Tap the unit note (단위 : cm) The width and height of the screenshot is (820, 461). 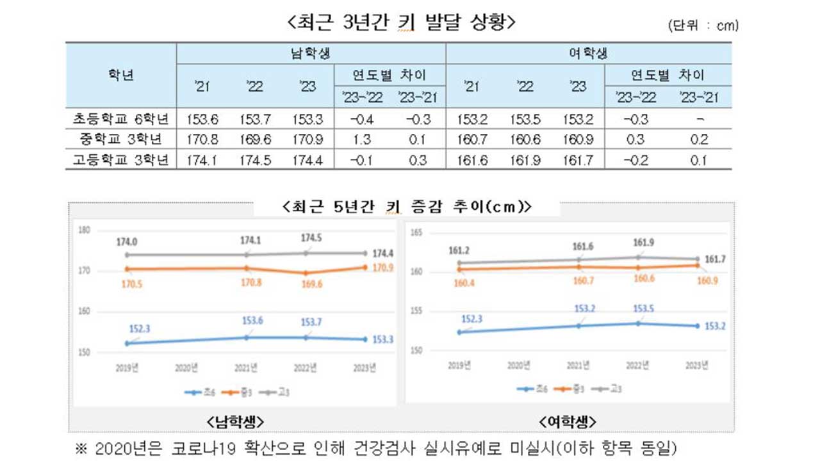(703, 26)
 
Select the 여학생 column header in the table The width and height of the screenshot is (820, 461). (588, 53)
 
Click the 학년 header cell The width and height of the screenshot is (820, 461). (121, 74)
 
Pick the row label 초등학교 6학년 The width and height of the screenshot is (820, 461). (121, 119)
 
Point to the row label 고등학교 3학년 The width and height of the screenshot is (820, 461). (121, 160)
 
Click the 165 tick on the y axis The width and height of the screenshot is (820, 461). (416, 234)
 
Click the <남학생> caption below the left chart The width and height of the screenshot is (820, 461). (236, 421)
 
